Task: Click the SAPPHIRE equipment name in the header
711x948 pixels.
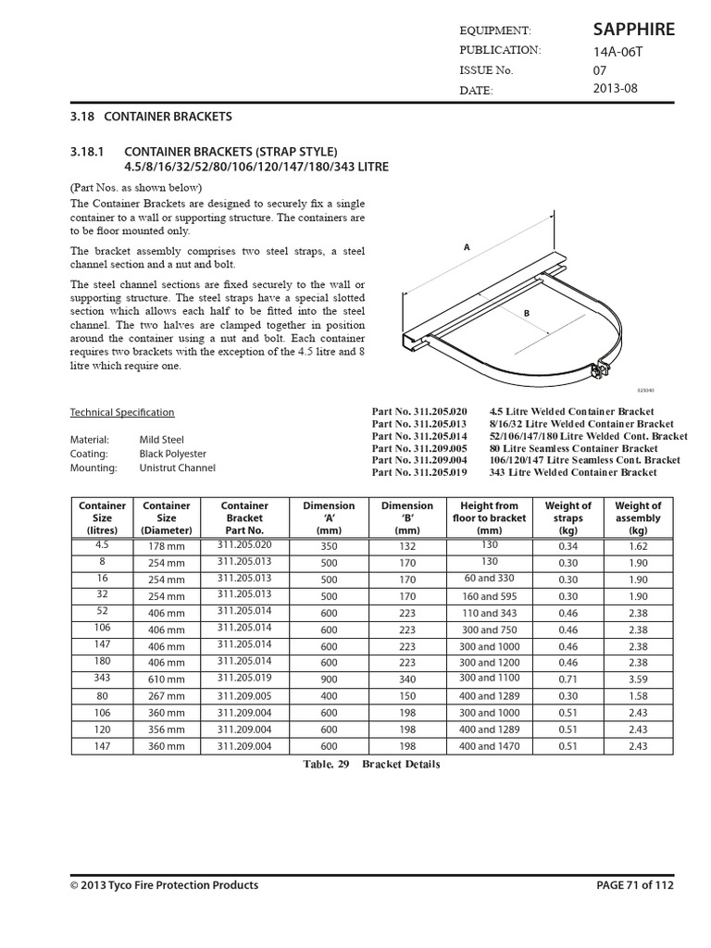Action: pyautogui.click(x=633, y=30)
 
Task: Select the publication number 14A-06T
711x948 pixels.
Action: pyautogui.click(x=617, y=51)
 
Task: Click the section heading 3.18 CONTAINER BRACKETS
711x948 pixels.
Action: pyautogui.click(x=151, y=118)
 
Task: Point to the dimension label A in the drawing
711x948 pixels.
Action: pyautogui.click(x=467, y=247)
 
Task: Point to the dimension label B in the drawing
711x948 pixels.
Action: pyautogui.click(x=526, y=314)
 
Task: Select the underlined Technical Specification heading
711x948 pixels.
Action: pyautogui.click(x=122, y=413)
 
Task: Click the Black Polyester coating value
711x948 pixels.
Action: pyautogui.click(x=173, y=454)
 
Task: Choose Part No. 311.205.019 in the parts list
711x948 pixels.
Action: pyautogui.click(x=419, y=472)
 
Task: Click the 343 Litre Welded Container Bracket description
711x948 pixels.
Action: pyautogui.click(x=573, y=472)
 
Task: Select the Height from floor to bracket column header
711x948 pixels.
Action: pyautogui.click(x=489, y=518)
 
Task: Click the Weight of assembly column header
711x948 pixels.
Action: pyautogui.click(x=638, y=518)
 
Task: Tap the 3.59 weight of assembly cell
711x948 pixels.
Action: pyautogui.click(x=638, y=680)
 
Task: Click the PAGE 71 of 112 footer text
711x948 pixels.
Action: pyautogui.click(x=633, y=885)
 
